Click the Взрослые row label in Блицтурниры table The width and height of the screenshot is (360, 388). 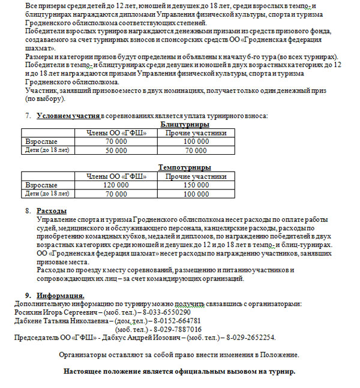[41, 142]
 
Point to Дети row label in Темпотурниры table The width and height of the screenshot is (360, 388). [47, 194]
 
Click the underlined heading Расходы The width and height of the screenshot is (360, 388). [52, 211]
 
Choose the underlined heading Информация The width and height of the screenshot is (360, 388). [60, 296]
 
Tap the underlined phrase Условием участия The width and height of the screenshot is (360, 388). [68, 115]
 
